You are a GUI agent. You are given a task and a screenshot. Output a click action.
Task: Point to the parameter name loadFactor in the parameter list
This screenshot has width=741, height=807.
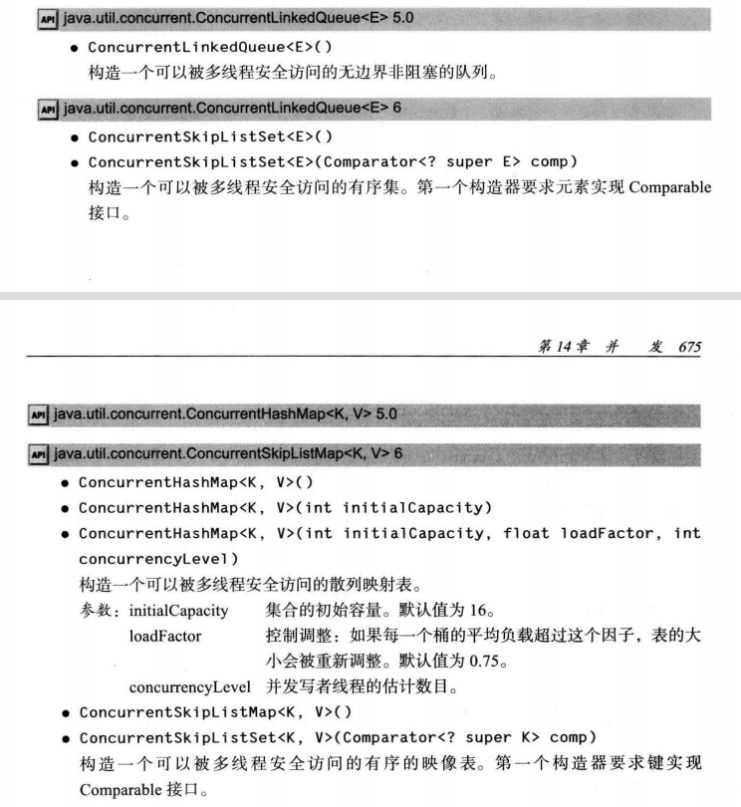coord(165,635)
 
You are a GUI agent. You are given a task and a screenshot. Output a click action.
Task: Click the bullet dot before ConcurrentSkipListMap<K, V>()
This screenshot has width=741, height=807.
coord(65,713)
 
